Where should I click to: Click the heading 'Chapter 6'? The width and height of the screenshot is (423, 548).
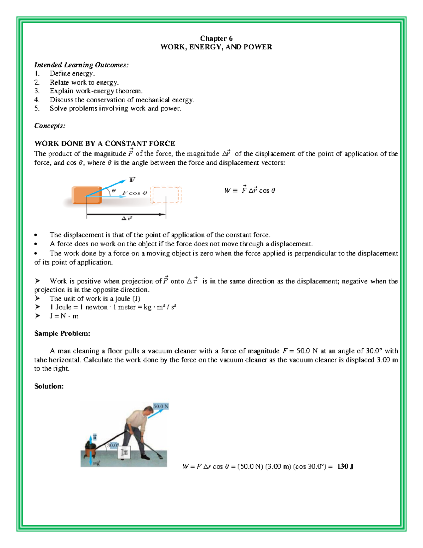(216, 38)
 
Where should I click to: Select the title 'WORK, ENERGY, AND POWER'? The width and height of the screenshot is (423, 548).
(216, 47)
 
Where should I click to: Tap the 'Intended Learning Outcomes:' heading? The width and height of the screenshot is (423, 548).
(81, 65)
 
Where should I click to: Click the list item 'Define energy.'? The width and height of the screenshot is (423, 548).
(72, 73)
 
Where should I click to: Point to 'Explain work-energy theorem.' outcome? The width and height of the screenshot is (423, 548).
(96, 91)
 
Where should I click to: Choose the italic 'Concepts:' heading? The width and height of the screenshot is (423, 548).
(50, 126)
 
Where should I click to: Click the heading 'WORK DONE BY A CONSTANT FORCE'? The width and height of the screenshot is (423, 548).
(105, 144)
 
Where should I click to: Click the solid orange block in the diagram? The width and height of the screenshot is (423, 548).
(87, 195)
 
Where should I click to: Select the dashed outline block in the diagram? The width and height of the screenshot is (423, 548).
(166, 195)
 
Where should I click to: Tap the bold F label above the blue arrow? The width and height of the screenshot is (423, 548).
(132, 180)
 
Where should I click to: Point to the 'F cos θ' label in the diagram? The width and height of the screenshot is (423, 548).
(135, 193)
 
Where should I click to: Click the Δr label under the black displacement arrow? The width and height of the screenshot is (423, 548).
(127, 219)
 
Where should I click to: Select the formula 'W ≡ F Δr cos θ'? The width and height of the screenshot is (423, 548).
(250, 190)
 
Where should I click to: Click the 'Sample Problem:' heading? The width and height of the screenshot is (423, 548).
(62, 333)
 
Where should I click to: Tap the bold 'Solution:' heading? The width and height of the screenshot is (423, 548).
(49, 386)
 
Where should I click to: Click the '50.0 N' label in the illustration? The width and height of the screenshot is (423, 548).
(161, 406)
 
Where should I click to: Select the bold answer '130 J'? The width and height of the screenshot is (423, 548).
(345, 466)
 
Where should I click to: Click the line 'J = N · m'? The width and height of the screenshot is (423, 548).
(64, 316)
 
